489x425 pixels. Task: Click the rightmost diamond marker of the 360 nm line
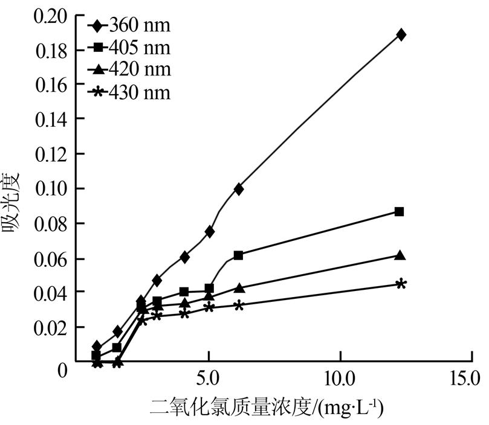400,34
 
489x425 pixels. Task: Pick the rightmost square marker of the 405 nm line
399,211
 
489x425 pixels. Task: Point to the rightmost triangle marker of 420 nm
400,255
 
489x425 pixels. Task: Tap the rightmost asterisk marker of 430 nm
401,284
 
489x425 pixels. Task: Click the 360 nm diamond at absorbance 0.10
239,189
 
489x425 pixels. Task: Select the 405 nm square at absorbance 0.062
238,255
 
